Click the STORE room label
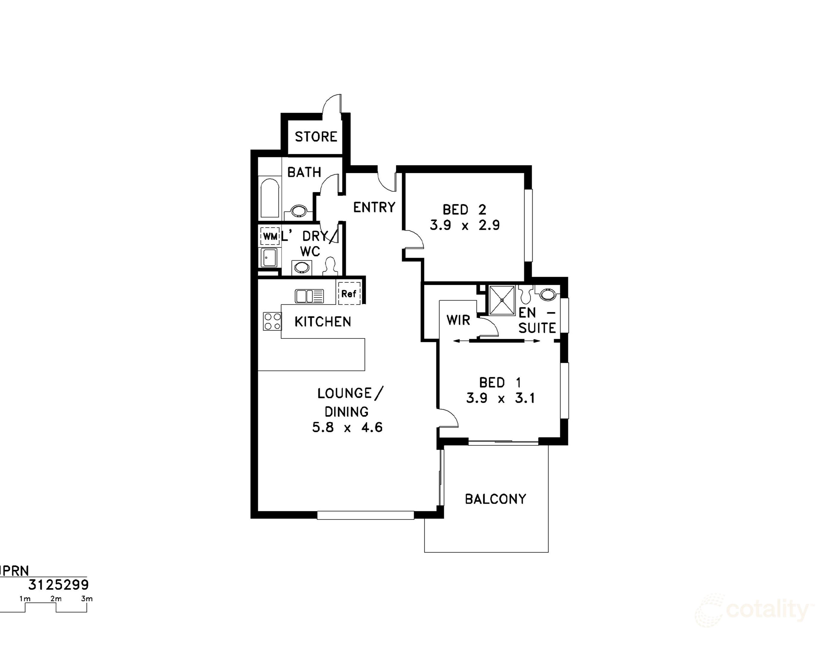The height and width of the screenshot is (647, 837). pos(316,137)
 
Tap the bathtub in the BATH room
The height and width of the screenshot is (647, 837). pos(270,199)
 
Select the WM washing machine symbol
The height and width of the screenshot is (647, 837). pos(270,237)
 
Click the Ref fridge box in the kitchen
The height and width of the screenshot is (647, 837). pos(349,294)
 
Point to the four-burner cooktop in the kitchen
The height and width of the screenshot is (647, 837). pos(272,321)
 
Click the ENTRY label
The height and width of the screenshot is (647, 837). pos(374,207)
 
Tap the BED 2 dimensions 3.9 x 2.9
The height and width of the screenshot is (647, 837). pos(464,225)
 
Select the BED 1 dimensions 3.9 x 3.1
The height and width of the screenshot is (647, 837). pos(500,398)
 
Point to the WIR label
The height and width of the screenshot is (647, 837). pos(458,320)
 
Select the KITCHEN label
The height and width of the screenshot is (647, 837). pos(323,322)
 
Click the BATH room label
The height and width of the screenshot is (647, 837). pos(304,173)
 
